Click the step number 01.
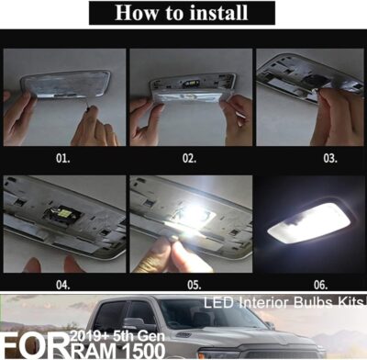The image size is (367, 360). pos(62,158)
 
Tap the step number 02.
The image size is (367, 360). pos(188,158)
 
